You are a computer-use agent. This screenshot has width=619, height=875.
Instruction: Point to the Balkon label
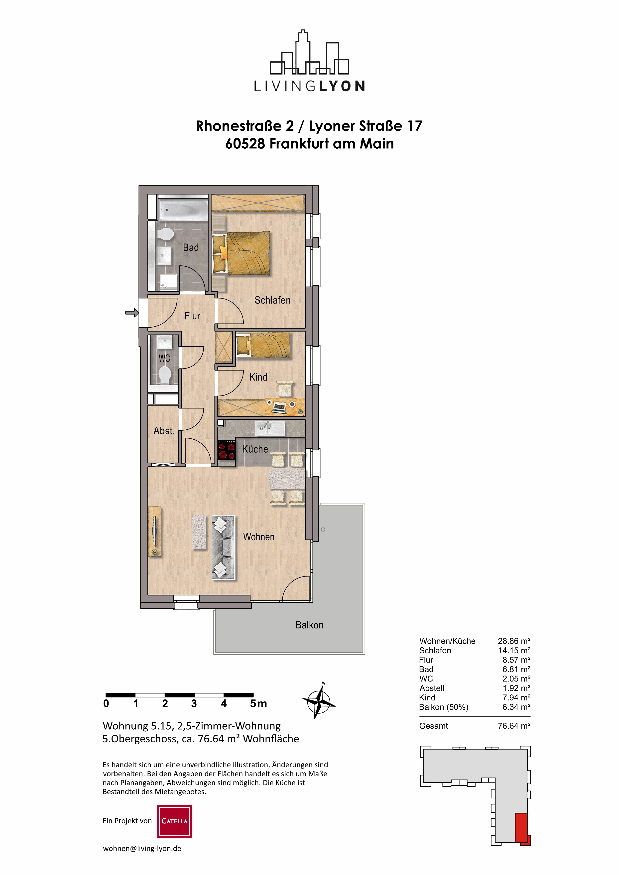(309, 625)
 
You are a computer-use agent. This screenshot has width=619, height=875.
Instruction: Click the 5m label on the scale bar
(258, 703)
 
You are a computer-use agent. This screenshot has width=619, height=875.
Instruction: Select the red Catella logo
(174, 821)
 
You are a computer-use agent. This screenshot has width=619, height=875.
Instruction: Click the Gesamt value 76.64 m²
(514, 726)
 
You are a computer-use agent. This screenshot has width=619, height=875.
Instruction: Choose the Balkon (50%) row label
(444, 707)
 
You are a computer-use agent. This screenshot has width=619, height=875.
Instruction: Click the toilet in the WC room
(165, 375)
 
